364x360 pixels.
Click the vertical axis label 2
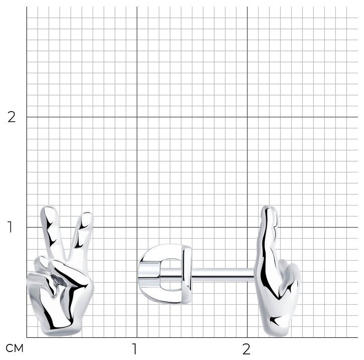[x=11, y=117]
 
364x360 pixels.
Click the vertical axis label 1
[x=10, y=227]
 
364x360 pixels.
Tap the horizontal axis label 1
[x=134, y=349]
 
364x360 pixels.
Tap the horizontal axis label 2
[x=246, y=349]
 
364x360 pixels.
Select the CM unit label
[x=15, y=348]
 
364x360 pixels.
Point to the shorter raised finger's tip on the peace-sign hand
[x=87, y=214]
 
